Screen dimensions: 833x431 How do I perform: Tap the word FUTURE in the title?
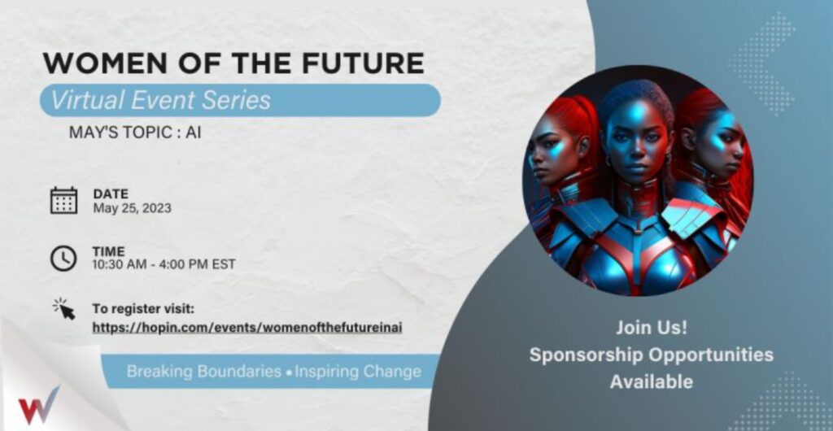pyautogui.click(x=364, y=63)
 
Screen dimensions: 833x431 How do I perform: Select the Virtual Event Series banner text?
pyautogui.click(x=160, y=100)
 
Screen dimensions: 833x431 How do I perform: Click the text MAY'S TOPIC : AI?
pyautogui.click(x=135, y=133)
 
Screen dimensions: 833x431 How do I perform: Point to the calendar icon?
pyautogui.click(x=63, y=201)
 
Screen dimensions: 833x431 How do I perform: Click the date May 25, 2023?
pyautogui.click(x=133, y=208)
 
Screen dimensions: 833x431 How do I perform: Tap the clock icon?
pyautogui.click(x=63, y=258)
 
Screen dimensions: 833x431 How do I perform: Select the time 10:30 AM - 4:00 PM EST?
pyautogui.click(x=164, y=263)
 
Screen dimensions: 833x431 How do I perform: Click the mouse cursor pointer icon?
pyautogui.click(x=64, y=309)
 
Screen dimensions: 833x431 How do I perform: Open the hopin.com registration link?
pyautogui.click(x=247, y=328)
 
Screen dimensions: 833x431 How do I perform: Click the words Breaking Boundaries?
pyautogui.click(x=203, y=371)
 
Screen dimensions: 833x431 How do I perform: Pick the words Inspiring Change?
pyautogui.click(x=358, y=371)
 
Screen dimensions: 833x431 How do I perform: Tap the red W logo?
pyautogui.click(x=39, y=406)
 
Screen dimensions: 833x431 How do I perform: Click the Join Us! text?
pyautogui.click(x=652, y=328)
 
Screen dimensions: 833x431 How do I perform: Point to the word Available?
pyautogui.click(x=652, y=381)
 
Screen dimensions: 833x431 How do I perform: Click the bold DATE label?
pyautogui.click(x=111, y=194)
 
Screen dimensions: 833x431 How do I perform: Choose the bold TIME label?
pyautogui.click(x=109, y=251)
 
